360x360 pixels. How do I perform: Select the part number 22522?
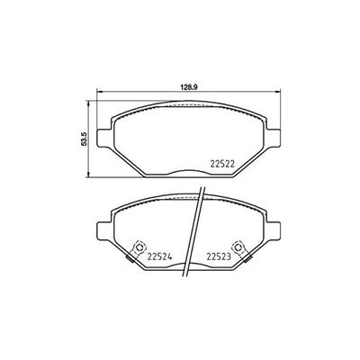coord(222,162)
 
